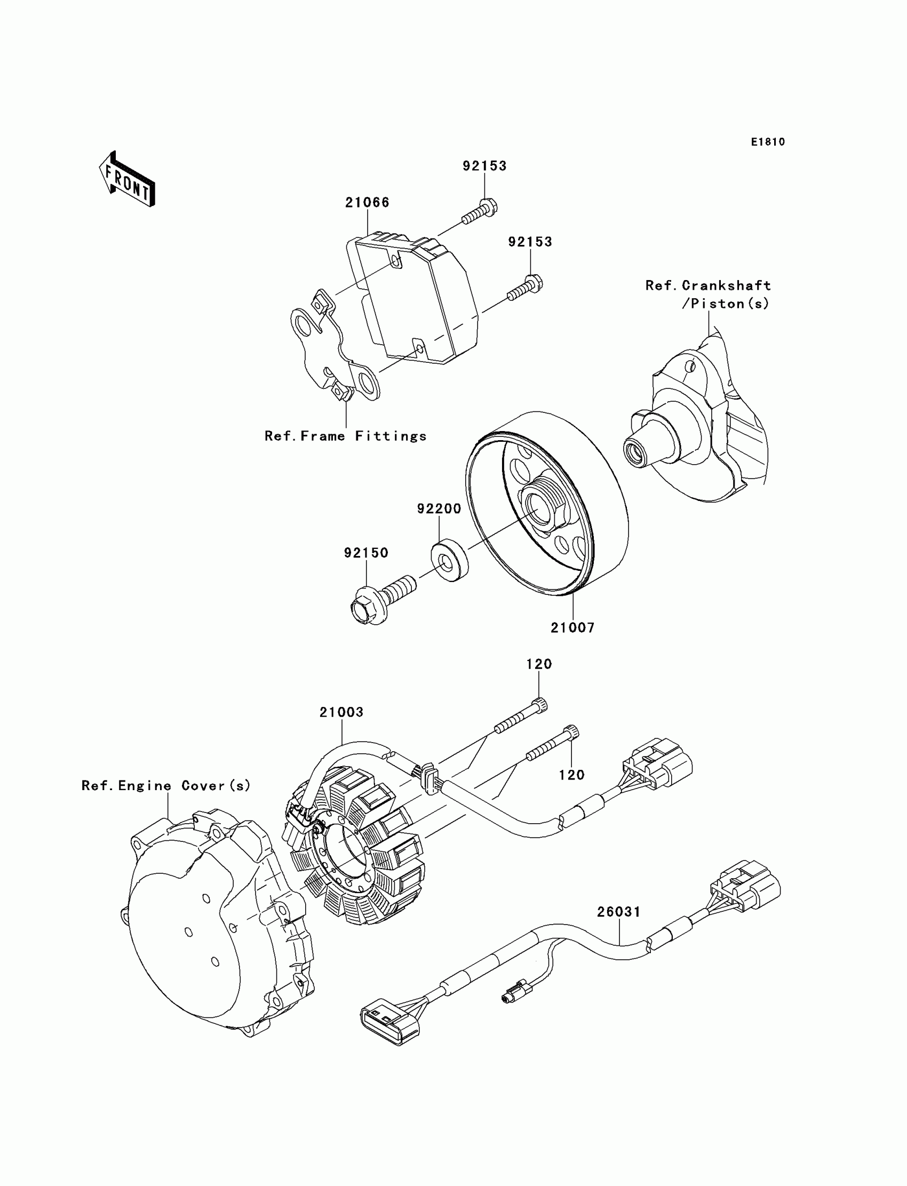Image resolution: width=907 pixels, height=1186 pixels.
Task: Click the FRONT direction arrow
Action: coord(128,180)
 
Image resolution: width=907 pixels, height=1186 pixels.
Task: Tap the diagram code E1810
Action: coord(768,142)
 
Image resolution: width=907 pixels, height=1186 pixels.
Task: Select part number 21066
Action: coord(367,202)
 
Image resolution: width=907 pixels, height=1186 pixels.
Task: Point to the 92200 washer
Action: coord(449,559)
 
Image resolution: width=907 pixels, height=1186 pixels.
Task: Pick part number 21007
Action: coord(572,628)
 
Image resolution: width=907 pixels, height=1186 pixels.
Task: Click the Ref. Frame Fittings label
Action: coord(346,436)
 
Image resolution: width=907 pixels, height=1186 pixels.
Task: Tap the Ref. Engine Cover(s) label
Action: coord(166,785)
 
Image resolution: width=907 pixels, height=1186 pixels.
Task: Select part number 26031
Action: coord(619,912)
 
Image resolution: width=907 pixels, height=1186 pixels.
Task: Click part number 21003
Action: coord(341,712)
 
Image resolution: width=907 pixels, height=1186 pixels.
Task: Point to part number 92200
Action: coord(439,508)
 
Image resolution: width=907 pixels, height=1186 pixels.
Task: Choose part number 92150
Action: coord(366,553)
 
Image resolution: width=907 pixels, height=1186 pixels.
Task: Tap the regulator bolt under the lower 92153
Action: coord(526,289)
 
